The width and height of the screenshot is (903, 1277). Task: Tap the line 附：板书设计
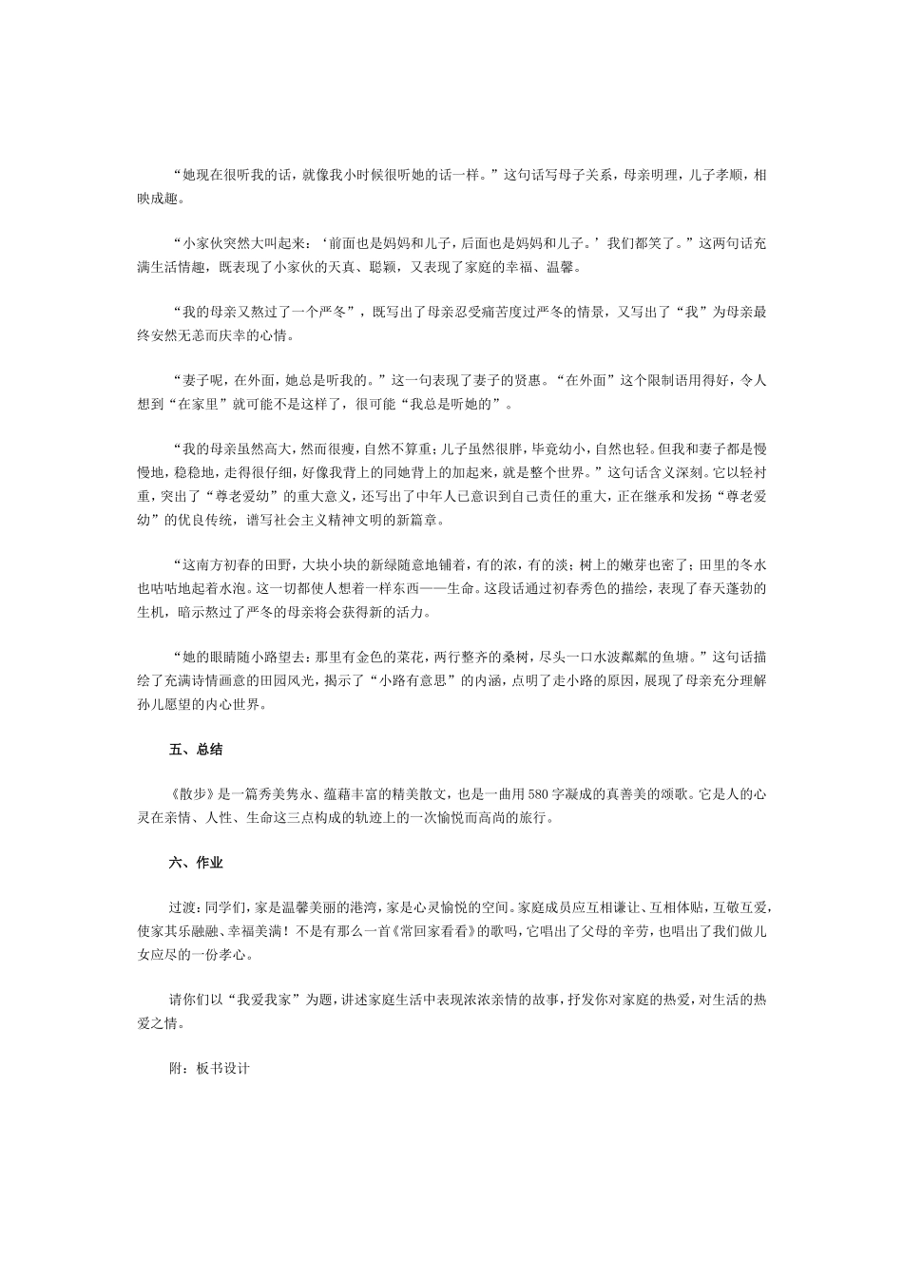tap(208, 1067)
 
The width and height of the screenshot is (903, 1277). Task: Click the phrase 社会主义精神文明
tap(315, 520)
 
